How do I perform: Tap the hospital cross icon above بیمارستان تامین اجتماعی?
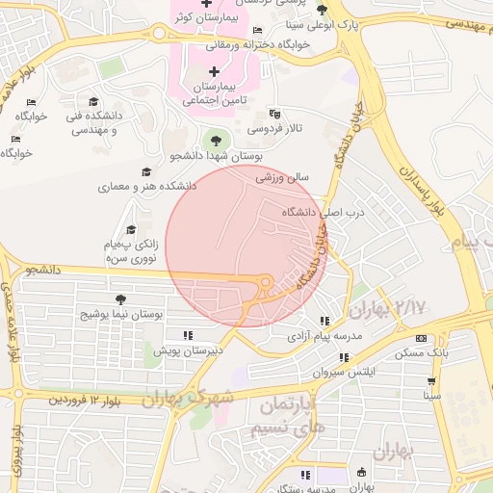click(213, 72)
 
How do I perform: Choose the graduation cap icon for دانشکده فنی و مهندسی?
click(93, 102)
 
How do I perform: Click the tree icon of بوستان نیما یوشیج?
click(120, 300)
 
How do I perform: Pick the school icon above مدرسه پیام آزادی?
click(324, 321)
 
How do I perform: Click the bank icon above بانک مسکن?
click(421, 338)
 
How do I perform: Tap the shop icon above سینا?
click(430, 379)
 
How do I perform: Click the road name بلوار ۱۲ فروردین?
click(86, 398)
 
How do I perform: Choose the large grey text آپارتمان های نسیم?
click(287, 418)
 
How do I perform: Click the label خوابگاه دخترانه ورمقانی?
click(257, 44)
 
